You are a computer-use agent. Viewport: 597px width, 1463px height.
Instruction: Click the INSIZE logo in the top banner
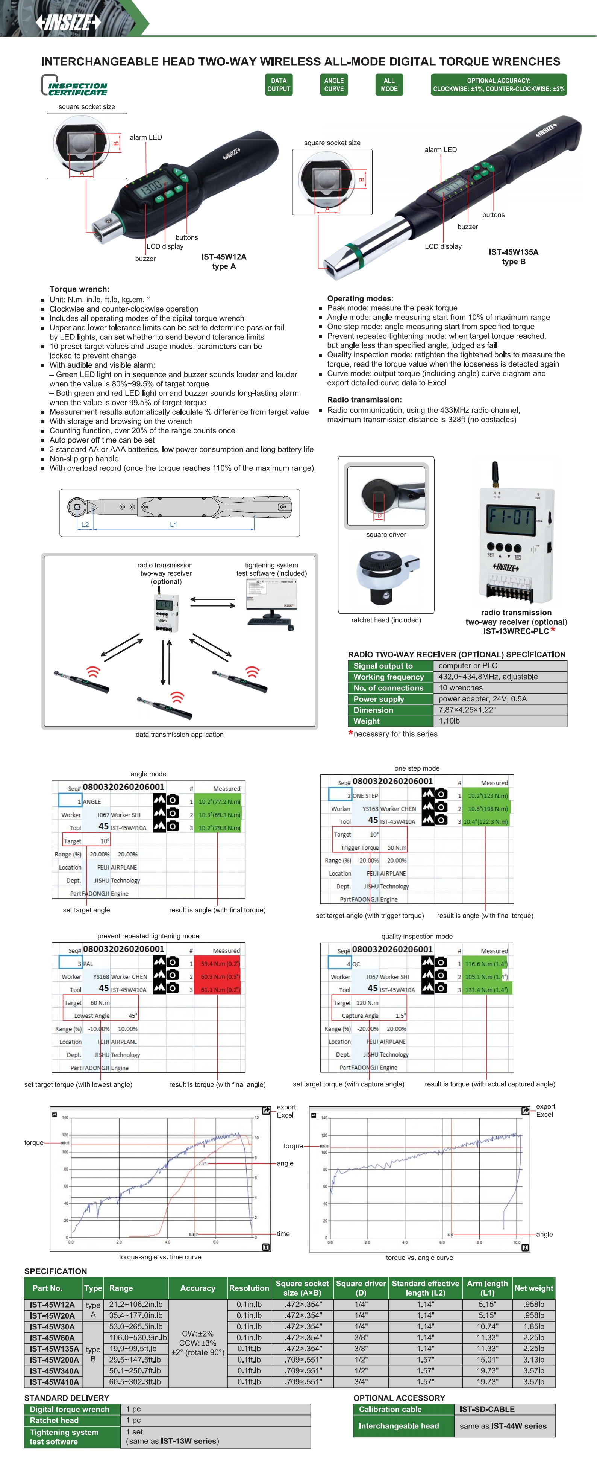coord(68,22)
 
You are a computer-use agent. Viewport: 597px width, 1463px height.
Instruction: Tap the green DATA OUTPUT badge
coord(279,85)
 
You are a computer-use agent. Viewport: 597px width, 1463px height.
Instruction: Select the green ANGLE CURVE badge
coord(334,85)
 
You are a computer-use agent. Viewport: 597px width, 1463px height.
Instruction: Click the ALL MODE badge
coord(389,85)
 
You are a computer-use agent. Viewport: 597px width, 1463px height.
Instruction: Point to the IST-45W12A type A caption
coord(224,261)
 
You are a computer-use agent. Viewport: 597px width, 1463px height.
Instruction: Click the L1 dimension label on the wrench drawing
coord(174,525)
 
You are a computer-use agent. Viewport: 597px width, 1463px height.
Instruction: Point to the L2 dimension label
coord(85,525)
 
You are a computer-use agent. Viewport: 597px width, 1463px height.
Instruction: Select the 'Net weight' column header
coord(533,1288)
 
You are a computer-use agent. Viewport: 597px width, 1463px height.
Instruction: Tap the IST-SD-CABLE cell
coord(487,1409)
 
